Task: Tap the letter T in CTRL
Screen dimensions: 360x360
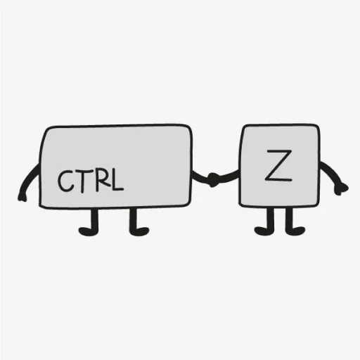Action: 82,181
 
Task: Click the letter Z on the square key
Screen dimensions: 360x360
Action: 278,165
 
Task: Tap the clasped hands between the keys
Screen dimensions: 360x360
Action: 213,180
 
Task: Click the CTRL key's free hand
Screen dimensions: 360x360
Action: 22,196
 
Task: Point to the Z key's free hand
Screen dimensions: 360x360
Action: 341,188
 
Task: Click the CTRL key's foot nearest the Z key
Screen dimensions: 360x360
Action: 139,231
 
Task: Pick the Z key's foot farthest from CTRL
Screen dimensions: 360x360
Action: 295,231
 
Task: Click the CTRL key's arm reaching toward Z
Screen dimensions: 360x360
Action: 201,177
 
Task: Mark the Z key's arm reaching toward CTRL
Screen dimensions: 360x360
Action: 229,176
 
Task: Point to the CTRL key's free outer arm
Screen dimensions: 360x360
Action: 29,181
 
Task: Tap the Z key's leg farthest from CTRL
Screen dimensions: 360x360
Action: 289,219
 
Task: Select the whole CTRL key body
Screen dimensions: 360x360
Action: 116,166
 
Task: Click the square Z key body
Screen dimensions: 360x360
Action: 279,165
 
